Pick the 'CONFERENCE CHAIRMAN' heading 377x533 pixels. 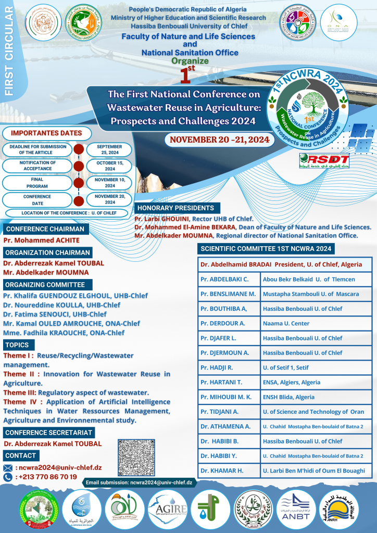click(45, 229)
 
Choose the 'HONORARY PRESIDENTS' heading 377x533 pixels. click(175, 208)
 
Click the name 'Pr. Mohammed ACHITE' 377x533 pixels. click(42, 240)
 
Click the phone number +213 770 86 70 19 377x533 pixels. click(47, 476)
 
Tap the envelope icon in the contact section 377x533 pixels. click(7, 467)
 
